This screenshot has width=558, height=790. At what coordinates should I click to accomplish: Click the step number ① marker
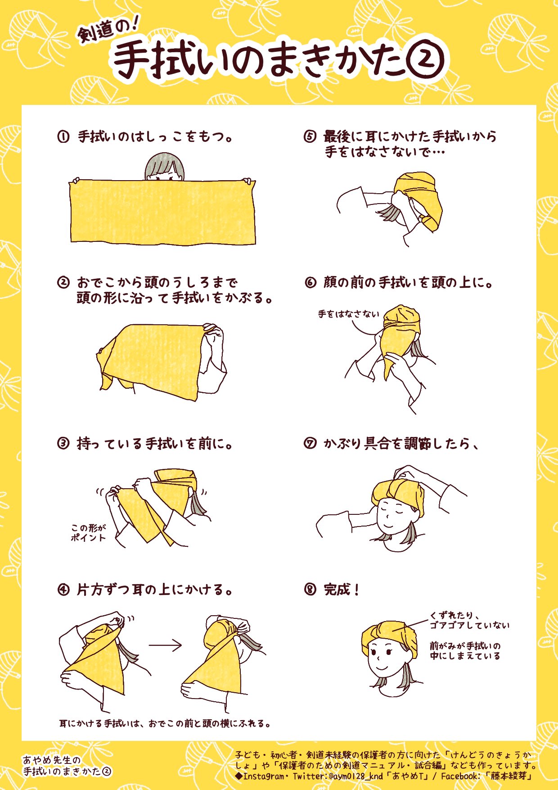click(63, 136)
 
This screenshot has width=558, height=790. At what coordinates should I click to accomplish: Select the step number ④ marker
click(63, 590)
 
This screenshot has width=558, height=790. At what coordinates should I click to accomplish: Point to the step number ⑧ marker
click(310, 590)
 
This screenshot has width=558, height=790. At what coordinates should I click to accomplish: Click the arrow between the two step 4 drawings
click(165, 645)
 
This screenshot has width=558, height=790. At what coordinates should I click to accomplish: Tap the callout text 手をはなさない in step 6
click(349, 314)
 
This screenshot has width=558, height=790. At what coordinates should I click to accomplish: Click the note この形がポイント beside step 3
click(88, 532)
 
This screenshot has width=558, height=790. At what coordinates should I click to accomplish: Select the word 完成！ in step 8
click(342, 590)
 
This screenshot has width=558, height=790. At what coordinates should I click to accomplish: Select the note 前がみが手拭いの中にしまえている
click(465, 651)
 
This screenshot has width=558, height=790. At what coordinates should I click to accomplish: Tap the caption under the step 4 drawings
click(166, 724)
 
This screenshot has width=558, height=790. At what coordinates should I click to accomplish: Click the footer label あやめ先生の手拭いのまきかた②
click(67, 766)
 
